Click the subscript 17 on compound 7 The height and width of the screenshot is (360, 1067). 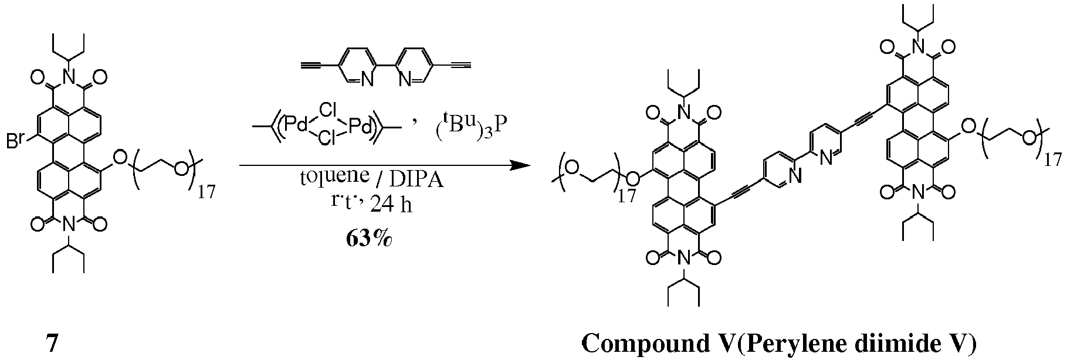(x=206, y=192)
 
